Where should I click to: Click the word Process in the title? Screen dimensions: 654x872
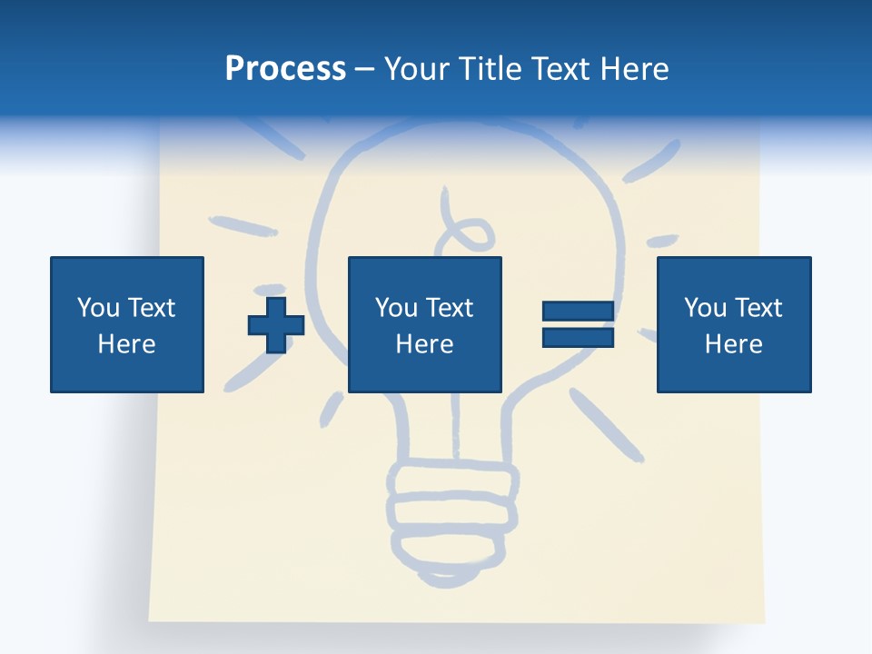click(x=285, y=69)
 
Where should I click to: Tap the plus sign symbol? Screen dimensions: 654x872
click(x=276, y=325)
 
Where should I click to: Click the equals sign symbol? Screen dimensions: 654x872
click(x=578, y=325)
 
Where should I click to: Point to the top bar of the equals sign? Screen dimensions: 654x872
click(x=578, y=312)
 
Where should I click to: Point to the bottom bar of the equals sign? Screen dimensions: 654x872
click(x=578, y=338)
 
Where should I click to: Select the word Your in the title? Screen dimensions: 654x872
click(x=416, y=69)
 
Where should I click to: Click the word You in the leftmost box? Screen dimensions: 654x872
click(x=96, y=308)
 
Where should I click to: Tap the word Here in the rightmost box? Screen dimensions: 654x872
click(x=734, y=344)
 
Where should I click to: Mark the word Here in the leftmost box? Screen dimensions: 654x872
click(x=127, y=344)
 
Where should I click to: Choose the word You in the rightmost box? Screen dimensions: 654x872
click(x=704, y=308)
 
